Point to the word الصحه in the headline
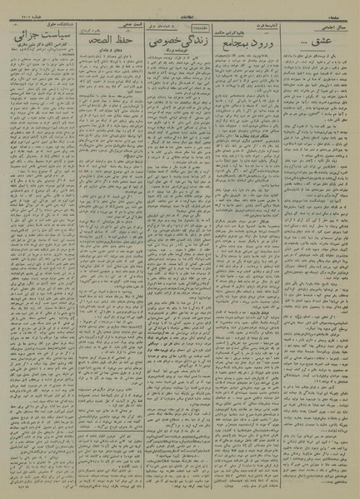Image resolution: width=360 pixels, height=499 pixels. coord(93,40)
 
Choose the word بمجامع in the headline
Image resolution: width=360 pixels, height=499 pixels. coord(237,41)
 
